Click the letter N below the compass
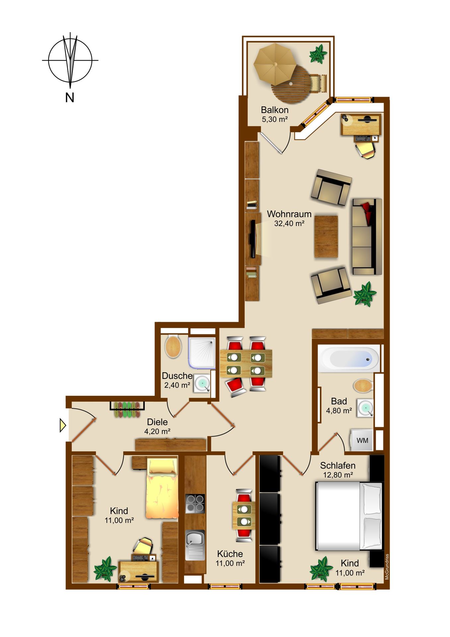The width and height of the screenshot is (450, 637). pyautogui.click(x=70, y=98)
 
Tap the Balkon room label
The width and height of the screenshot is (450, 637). pyautogui.click(x=275, y=110)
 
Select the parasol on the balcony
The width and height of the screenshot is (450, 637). pyautogui.click(x=275, y=64)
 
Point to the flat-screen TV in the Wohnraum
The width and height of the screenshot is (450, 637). pyautogui.click(x=253, y=239)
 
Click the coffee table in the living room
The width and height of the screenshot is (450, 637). pyautogui.click(x=326, y=237)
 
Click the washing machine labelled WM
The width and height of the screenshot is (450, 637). pyautogui.click(x=362, y=440)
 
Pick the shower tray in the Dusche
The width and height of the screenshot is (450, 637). pyautogui.click(x=202, y=353)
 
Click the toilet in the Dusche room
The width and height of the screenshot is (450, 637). pyautogui.click(x=173, y=346)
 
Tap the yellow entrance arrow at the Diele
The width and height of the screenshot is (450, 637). pyautogui.click(x=63, y=425)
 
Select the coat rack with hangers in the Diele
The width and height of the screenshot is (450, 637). pyautogui.click(x=127, y=409)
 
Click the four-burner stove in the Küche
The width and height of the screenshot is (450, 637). pyautogui.click(x=195, y=504)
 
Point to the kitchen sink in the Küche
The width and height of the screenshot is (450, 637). pyautogui.click(x=195, y=545)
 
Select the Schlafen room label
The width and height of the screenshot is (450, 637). pyautogui.click(x=338, y=465)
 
